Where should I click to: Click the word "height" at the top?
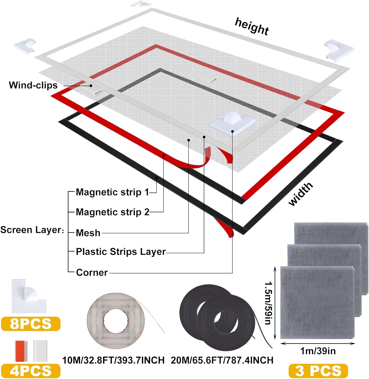click(252, 26)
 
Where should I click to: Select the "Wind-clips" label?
click(33, 85)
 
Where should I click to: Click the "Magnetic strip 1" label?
click(112, 192)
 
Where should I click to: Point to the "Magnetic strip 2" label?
click(112, 212)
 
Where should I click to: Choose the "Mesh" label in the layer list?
click(88, 233)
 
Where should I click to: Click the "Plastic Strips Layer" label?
click(121, 252)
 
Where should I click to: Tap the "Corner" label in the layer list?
click(92, 272)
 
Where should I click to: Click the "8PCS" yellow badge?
click(31, 324)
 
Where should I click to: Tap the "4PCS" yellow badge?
click(31, 371)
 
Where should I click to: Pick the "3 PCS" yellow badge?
click(318, 371)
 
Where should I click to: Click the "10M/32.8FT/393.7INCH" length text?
click(113, 360)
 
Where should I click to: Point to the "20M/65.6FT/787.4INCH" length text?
click(222, 360)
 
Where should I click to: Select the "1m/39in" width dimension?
click(318, 351)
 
